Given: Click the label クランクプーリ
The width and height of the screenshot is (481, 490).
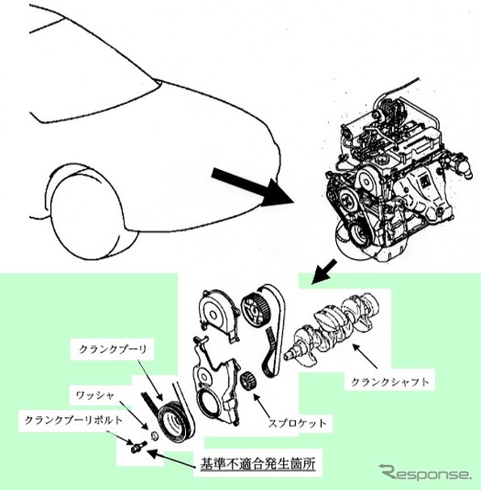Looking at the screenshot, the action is click(112, 349).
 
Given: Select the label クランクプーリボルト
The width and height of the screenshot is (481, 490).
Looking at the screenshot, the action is click(74, 420).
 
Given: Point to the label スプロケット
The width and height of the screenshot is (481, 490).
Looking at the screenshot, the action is click(297, 424).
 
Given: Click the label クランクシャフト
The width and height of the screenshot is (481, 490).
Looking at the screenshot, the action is click(390, 381).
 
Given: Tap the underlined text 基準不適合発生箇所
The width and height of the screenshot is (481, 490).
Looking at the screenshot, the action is click(257, 463).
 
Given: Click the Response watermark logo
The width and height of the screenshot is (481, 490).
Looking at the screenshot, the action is click(424, 473).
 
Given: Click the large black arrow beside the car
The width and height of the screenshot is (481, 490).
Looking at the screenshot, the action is click(253, 188).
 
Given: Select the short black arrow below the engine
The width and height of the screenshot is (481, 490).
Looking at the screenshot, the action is click(324, 272).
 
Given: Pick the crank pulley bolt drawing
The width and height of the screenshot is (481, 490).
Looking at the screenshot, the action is click(137, 447).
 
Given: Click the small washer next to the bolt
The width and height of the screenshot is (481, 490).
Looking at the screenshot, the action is click(154, 436).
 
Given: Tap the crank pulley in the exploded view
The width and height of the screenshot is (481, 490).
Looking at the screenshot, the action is click(176, 424).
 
